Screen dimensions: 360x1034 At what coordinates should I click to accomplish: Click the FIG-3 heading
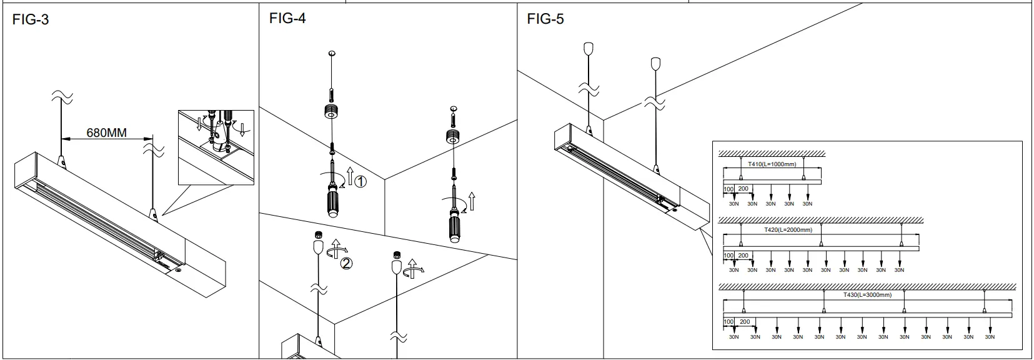click(31, 20)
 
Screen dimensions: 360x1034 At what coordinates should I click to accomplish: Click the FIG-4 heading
click(287, 18)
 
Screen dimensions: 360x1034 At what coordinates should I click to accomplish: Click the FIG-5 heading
click(545, 19)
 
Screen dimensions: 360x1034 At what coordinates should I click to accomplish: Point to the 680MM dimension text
click(107, 132)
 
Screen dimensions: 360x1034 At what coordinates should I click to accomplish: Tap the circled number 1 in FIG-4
click(360, 182)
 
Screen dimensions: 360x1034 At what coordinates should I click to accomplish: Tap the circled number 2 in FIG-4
click(346, 263)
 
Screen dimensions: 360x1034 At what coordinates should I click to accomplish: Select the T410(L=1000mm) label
click(772, 164)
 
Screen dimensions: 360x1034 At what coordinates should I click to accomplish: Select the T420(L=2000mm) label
click(788, 230)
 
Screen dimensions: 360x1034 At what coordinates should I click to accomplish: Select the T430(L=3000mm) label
click(867, 294)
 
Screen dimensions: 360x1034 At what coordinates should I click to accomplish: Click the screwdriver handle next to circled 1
click(332, 202)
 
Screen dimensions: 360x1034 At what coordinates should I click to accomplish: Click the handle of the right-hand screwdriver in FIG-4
click(455, 227)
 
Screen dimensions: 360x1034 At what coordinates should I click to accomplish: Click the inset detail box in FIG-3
click(216, 147)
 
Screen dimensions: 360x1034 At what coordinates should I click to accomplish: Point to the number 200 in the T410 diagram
click(743, 189)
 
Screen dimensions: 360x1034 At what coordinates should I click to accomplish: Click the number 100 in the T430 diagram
click(728, 322)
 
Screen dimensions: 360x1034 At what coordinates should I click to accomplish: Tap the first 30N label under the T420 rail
click(733, 270)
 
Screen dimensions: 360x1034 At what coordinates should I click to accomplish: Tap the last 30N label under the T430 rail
click(990, 337)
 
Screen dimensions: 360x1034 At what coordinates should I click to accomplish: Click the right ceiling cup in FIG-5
click(655, 63)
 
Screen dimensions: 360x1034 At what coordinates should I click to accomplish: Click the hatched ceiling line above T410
click(772, 154)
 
